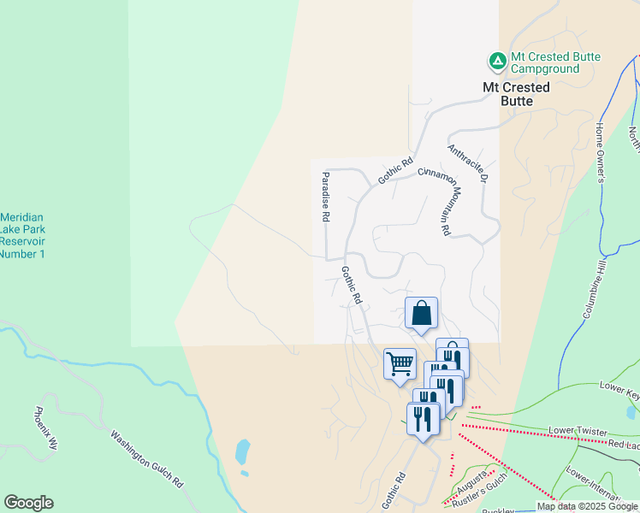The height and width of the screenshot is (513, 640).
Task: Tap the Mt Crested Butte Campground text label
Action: [x=555, y=63]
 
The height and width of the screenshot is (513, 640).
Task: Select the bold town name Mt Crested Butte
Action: [x=516, y=94]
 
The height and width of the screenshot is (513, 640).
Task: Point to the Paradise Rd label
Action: [x=325, y=198]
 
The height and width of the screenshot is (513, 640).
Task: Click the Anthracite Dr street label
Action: [x=467, y=163]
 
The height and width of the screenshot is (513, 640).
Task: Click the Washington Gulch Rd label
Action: [x=146, y=457]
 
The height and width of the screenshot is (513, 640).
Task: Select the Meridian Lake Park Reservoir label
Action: [x=23, y=235]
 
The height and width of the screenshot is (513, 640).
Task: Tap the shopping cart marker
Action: [x=400, y=364]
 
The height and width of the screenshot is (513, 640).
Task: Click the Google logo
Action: [x=28, y=503]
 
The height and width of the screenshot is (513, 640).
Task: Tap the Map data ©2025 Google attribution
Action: [x=588, y=506]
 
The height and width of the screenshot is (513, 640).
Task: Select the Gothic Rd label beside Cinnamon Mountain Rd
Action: [x=396, y=171]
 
